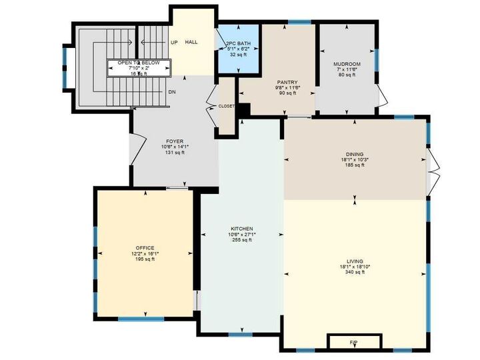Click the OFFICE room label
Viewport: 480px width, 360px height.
coord(145,248)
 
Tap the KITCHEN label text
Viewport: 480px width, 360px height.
coord(241,229)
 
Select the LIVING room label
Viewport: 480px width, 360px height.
coord(354,261)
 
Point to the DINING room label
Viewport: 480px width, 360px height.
coord(354,153)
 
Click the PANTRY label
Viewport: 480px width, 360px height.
coord(287,82)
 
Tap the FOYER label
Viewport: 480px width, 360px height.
coord(175,141)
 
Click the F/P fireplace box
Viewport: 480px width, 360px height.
coord(353,342)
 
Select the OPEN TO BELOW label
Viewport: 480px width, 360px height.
coord(140,63)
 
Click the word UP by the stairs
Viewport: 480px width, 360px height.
coord(174,42)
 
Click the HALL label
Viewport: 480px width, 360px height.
coord(191,42)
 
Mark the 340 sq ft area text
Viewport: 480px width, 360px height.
coord(354,272)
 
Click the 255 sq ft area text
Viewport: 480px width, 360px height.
coord(241,240)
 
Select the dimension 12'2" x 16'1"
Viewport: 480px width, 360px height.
coord(145,253)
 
